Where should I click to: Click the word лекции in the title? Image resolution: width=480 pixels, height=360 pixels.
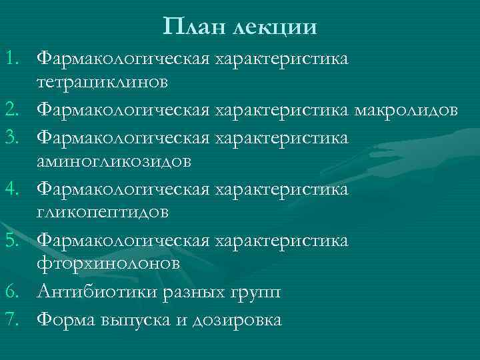(x=275, y=28)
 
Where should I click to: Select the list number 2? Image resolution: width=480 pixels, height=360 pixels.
(x=15, y=110)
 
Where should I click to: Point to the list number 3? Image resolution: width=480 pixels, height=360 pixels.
(x=15, y=136)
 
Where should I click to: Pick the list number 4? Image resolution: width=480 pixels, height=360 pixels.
(x=15, y=189)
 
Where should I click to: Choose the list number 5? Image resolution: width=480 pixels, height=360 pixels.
(x=15, y=240)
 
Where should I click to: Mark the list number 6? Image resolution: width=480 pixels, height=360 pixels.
(x=15, y=292)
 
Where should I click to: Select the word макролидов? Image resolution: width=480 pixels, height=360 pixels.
(x=407, y=110)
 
